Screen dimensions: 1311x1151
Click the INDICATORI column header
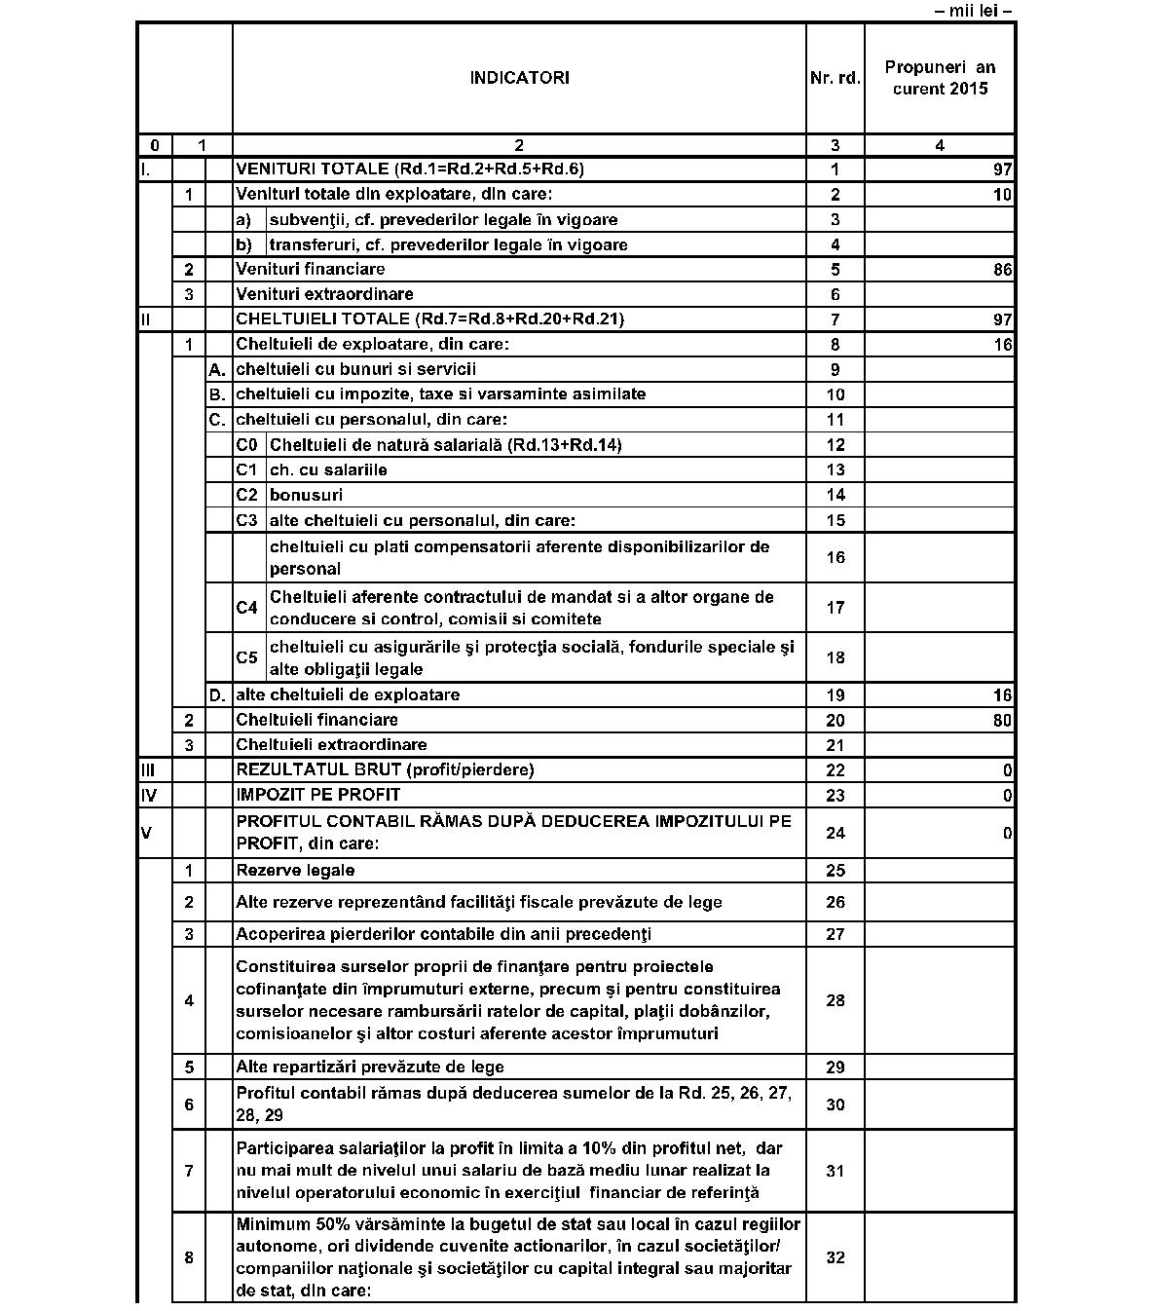click(519, 78)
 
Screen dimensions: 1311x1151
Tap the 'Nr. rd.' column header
click(835, 78)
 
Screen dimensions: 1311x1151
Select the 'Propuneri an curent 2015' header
click(940, 78)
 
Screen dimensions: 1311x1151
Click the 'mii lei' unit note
click(973, 12)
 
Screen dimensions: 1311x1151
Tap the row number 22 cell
click(835, 770)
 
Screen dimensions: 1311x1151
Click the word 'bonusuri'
click(306, 495)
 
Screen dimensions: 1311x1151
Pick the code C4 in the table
click(247, 608)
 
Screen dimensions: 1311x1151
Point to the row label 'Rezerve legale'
click(295, 870)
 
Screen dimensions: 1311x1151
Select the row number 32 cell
click(835, 1257)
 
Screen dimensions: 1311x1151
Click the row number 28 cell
click(835, 1000)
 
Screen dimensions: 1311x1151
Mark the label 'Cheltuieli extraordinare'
click(331, 745)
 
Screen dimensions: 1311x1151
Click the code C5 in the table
click(247, 657)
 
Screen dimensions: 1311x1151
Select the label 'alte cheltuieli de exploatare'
click(348, 694)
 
